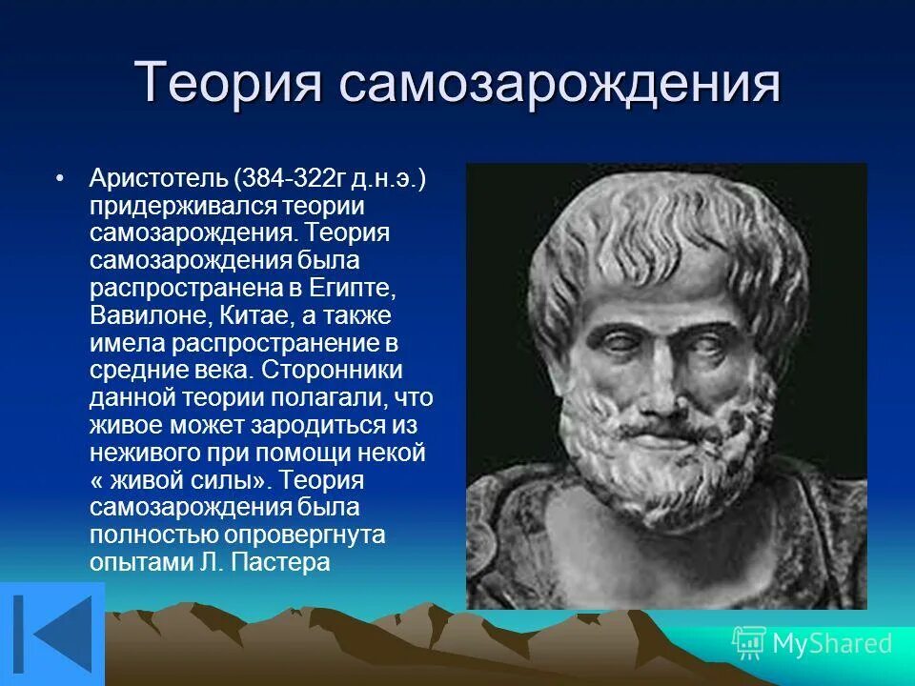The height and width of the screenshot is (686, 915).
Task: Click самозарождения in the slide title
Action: click(559, 83)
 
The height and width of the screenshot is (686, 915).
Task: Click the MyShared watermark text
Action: click(831, 644)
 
